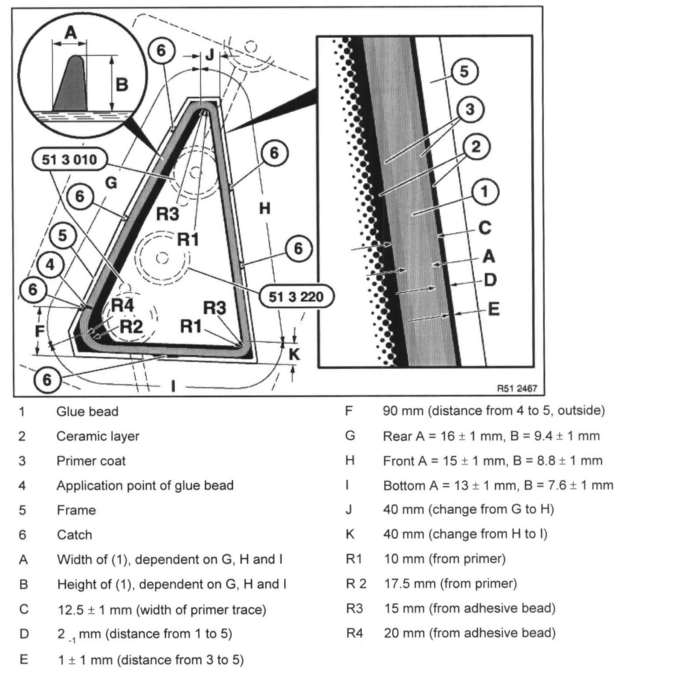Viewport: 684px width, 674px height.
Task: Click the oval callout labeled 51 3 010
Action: pyautogui.click(x=70, y=159)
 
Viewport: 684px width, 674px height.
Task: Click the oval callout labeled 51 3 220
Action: pyautogui.click(x=296, y=297)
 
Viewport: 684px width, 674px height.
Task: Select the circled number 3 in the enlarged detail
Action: pyautogui.click(x=470, y=109)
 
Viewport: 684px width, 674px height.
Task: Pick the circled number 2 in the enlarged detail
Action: pyautogui.click(x=476, y=147)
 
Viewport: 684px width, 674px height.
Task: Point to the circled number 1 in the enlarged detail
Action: pyautogui.click(x=484, y=192)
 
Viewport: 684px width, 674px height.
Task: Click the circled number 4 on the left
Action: pyautogui.click(x=51, y=265)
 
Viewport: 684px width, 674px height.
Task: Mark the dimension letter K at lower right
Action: pyautogui.click(x=294, y=354)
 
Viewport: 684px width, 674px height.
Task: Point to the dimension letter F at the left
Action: pyautogui.click(x=40, y=331)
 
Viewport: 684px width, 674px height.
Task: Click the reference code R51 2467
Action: pyautogui.click(x=517, y=388)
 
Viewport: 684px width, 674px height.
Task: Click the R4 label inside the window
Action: pyautogui.click(x=122, y=305)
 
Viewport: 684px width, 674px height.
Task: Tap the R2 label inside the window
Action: pyautogui.click(x=131, y=327)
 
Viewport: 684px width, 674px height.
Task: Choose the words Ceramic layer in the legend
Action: pyautogui.click(x=97, y=436)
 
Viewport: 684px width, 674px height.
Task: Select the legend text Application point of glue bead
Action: pyautogui.click(x=145, y=486)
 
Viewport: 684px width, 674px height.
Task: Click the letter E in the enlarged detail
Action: pyautogui.click(x=494, y=309)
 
